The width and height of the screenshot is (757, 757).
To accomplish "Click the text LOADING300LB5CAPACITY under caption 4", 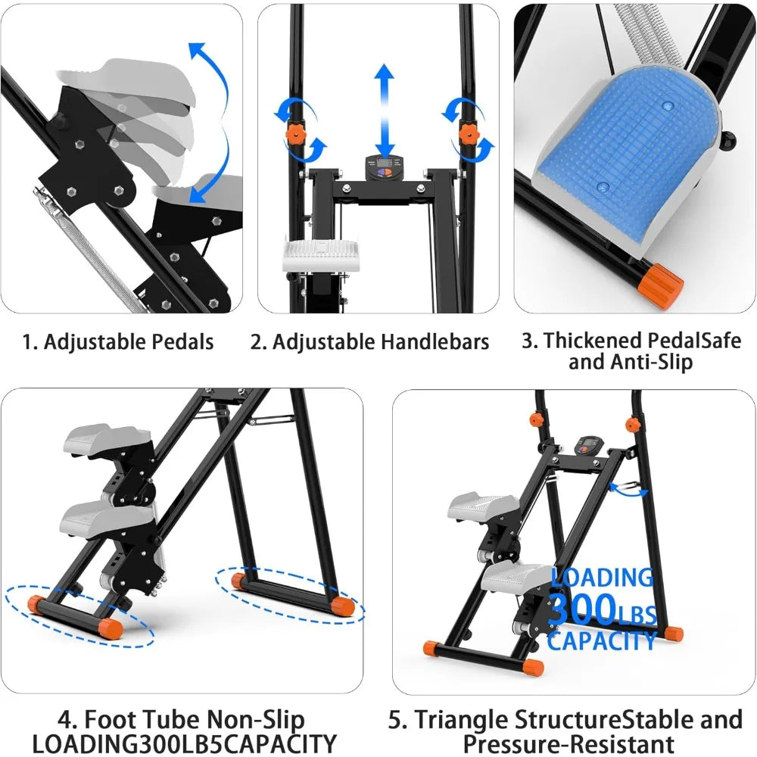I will pyautogui.click(x=181, y=743).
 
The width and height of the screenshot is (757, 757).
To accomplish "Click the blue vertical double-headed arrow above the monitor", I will pyautogui.click(x=385, y=111).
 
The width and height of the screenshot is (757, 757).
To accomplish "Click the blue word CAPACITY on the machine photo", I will pyautogui.click(x=602, y=641).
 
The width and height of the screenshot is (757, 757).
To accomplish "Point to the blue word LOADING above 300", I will pyautogui.click(x=602, y=578).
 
